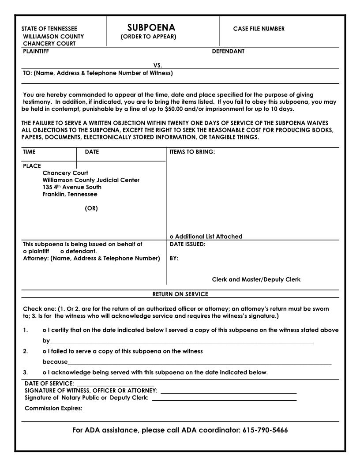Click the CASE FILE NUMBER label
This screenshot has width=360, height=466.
pos(259,29)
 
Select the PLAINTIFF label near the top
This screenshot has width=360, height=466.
pos(36,51)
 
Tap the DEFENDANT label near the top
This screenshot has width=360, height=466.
pos(228,51)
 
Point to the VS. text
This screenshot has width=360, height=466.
pos(157,65)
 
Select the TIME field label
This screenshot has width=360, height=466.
pos(29,152)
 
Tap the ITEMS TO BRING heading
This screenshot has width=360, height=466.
pos(192,152)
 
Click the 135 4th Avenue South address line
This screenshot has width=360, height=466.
pos(72,187)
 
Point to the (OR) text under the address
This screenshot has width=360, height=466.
pos(91,208)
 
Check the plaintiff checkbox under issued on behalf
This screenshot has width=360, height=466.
pos(25,251)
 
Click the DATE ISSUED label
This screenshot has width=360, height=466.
pos(187,244)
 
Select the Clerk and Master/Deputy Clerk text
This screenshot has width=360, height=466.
pos(256,279)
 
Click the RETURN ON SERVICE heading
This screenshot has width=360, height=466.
pos(180,294)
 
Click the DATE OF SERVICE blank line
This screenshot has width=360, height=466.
pos(115,383)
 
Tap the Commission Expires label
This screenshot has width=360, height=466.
pos(53,408)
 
